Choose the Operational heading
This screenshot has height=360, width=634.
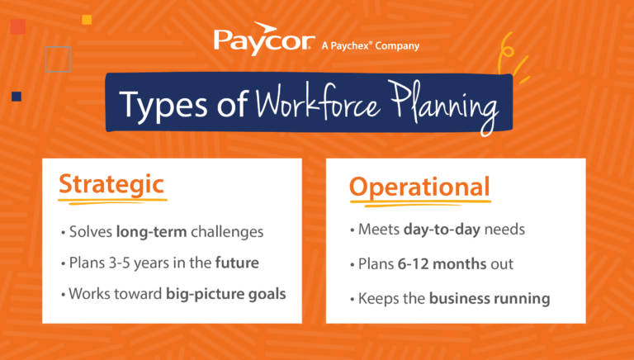[x=419, y=187]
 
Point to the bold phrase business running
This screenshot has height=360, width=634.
[x=490, y=297]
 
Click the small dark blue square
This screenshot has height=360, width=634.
[x=16, y=97]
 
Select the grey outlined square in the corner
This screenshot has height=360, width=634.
[x=58, y=58]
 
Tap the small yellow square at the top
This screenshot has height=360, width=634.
[x=87, y=18]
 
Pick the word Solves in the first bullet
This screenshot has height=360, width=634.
[x=91, y=232]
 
